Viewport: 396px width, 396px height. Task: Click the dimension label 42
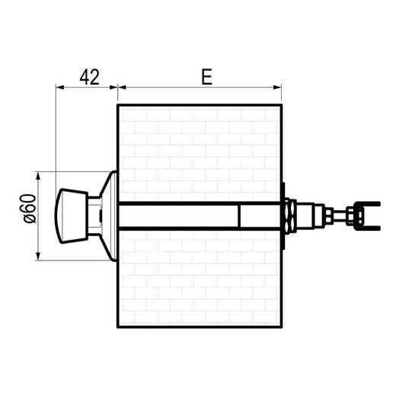pyautogui.click(x=89, y=77)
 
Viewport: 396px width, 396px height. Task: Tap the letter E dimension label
pyautogui.click(x=206, y=77)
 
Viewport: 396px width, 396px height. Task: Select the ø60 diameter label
pyautogui.click(x=30, y=209)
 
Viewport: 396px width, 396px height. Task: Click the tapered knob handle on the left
pyautogui.click(x=72, y=216)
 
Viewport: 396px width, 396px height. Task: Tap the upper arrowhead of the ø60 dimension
pyautogui.click(x=38, y=176)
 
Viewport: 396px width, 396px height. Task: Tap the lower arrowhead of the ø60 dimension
pyautogui.click(x=38, y=256)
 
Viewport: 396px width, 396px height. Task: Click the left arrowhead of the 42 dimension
pyautogui.click(x=60, y=88)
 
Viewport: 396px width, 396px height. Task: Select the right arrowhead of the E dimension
pyautogui.click(x=277, y=88)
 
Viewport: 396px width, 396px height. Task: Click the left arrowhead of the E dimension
pyautogui.click(x=122, y=88)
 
